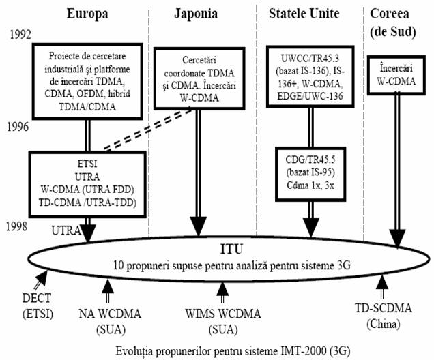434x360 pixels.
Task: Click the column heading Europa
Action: [87, 14]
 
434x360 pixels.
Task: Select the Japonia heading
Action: [196, 14]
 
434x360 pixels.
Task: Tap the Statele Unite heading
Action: [304, 14]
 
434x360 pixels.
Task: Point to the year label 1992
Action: [20, 35]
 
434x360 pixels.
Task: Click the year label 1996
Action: [18, 127]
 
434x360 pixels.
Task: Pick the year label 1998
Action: [17, 226]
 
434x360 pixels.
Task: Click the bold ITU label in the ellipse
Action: [231, 249]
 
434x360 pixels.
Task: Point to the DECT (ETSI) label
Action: [38, 306]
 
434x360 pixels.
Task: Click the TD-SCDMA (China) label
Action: [384, 316]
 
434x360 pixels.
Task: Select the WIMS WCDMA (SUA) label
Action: [223, 322]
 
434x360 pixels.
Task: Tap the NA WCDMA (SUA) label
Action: [110, 322]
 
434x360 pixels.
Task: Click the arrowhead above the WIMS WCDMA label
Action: [222, 289]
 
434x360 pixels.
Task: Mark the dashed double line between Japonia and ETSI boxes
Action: [148, 130]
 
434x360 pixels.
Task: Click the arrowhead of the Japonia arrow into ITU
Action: [199, 226]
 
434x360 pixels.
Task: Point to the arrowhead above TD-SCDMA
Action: [382, 282]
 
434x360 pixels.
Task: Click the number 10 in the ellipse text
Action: [118, 265]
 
